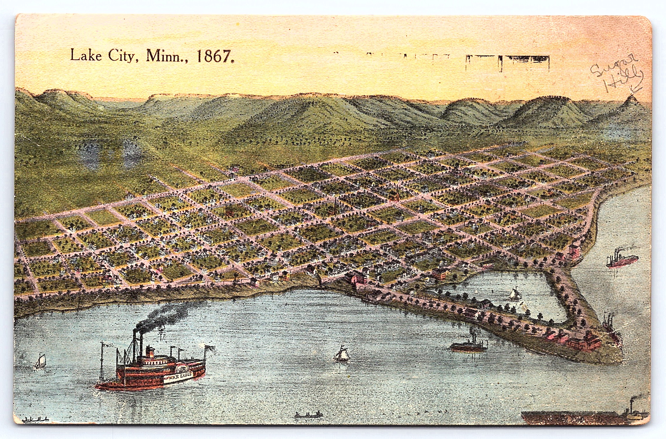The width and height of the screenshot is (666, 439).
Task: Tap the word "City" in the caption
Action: [x=121, y=56]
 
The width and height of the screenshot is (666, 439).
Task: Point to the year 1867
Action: [x=214, y=56]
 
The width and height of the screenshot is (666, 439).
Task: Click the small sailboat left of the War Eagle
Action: [x=41, y=361]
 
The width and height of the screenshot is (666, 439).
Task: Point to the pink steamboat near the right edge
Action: [x=622, y=260]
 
